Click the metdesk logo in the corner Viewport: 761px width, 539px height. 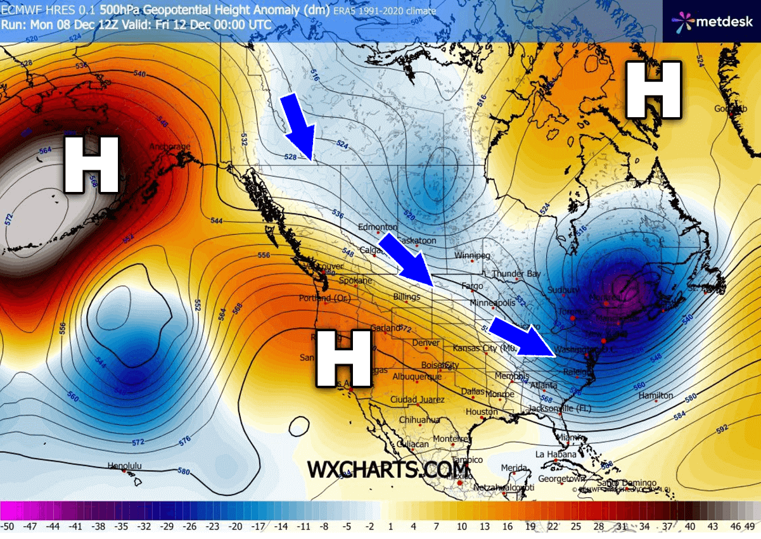tap(712, 22)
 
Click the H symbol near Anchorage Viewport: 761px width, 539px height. tap(91, 165)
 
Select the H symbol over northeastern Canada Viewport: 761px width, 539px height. tap(653, 90)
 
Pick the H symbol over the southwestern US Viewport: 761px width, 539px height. tap(343, 358)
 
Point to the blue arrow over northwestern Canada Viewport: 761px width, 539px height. tap(298, 125)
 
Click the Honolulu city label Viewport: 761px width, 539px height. tap(124, 466)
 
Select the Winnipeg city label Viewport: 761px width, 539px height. tap(472, 256)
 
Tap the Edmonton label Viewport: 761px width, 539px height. tap(378, 227)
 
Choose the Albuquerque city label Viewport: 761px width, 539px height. tap(417, 377)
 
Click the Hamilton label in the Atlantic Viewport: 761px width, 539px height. tap(656, 396)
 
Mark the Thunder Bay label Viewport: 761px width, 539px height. tap(516, 274)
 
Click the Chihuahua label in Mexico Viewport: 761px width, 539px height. tap(419, 420)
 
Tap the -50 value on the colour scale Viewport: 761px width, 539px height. tap(8, 526)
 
